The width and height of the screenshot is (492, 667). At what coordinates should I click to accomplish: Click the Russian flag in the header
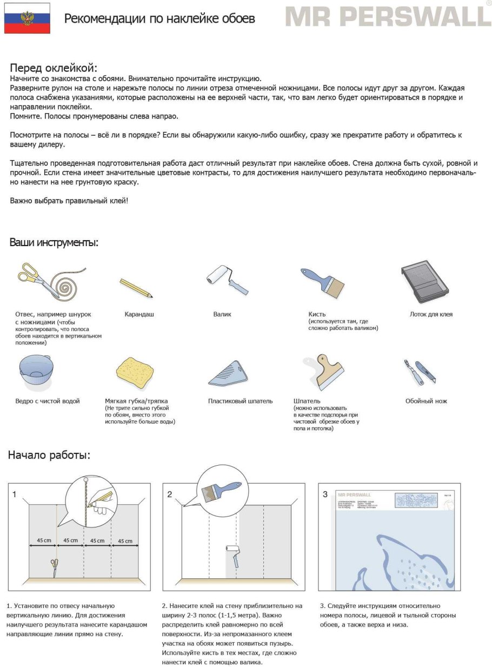[27, 18]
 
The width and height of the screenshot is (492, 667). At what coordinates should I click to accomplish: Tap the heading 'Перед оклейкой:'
[54, 68]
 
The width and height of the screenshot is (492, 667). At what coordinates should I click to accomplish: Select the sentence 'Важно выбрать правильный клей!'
[69, 201]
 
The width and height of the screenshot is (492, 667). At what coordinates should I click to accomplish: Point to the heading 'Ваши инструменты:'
[54, 242]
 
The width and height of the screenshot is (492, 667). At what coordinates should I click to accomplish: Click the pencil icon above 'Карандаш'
[136, 288]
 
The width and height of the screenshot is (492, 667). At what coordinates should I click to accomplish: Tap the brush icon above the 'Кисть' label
[323, 282]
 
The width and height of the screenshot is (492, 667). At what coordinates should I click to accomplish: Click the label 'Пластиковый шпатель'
[240, 401]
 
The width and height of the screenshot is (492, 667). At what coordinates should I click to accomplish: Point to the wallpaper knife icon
[420, 372]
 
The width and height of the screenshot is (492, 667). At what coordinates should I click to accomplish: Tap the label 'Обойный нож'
[426, 401]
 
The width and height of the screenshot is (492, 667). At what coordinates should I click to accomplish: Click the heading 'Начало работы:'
[49, 455]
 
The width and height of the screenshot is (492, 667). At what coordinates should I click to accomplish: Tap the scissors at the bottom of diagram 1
[54, 568]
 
